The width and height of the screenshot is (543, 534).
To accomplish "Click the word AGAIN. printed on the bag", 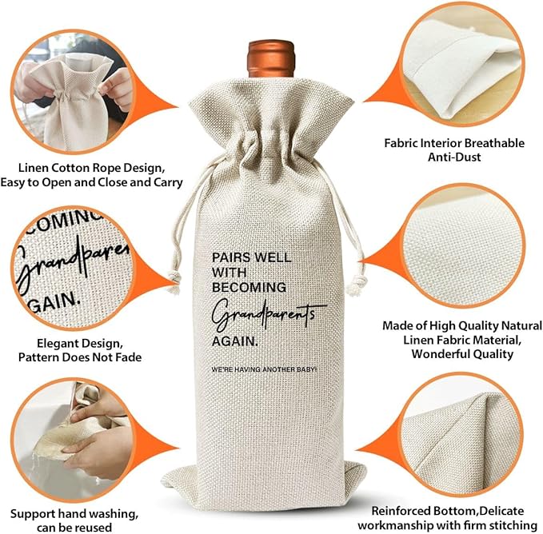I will click(235, 341).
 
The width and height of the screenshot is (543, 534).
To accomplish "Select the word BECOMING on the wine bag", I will click(249, 286).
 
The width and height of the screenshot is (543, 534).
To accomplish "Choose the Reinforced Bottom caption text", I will click(452, 517).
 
